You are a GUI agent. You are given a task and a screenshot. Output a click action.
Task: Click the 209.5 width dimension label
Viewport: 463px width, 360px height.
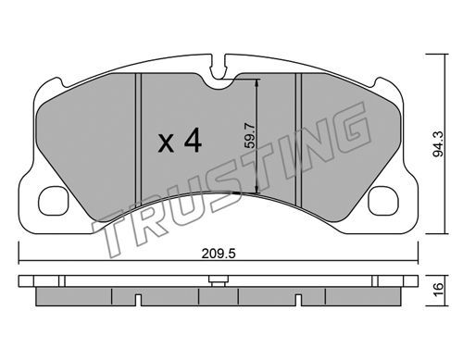pos(219,254)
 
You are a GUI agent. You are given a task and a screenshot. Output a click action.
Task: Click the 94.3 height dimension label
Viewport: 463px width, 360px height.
pos(438,143)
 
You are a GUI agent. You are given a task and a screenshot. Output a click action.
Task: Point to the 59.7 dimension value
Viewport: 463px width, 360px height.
pos(251,135)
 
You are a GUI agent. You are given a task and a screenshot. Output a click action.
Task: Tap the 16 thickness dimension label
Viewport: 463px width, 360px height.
pos(438,290)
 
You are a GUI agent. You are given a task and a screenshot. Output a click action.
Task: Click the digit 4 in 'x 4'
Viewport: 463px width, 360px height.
pos(193,141)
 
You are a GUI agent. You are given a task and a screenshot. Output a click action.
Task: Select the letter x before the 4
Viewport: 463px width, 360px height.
pos(166,144)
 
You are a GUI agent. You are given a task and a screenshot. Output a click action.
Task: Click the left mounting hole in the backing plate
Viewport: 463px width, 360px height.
pos(53,201)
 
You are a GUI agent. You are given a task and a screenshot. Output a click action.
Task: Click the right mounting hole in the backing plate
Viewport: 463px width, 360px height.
pos(383,201)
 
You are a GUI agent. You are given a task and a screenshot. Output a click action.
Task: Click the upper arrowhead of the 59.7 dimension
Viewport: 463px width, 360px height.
pos(257,83)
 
